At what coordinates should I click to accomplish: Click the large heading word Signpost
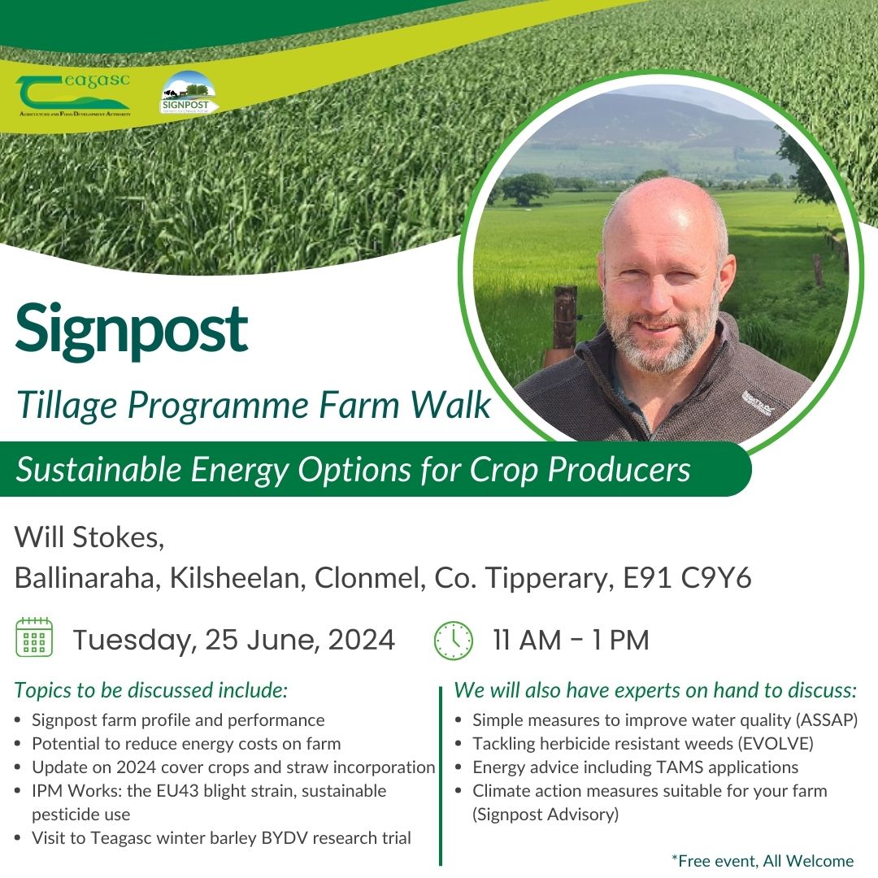click(131, 328)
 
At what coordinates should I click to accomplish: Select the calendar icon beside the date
click(34, 639)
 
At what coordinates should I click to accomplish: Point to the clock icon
click(453, 640)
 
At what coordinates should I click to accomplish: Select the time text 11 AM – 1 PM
click(571, 640)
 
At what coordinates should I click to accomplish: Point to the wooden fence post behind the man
click(564, 321)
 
